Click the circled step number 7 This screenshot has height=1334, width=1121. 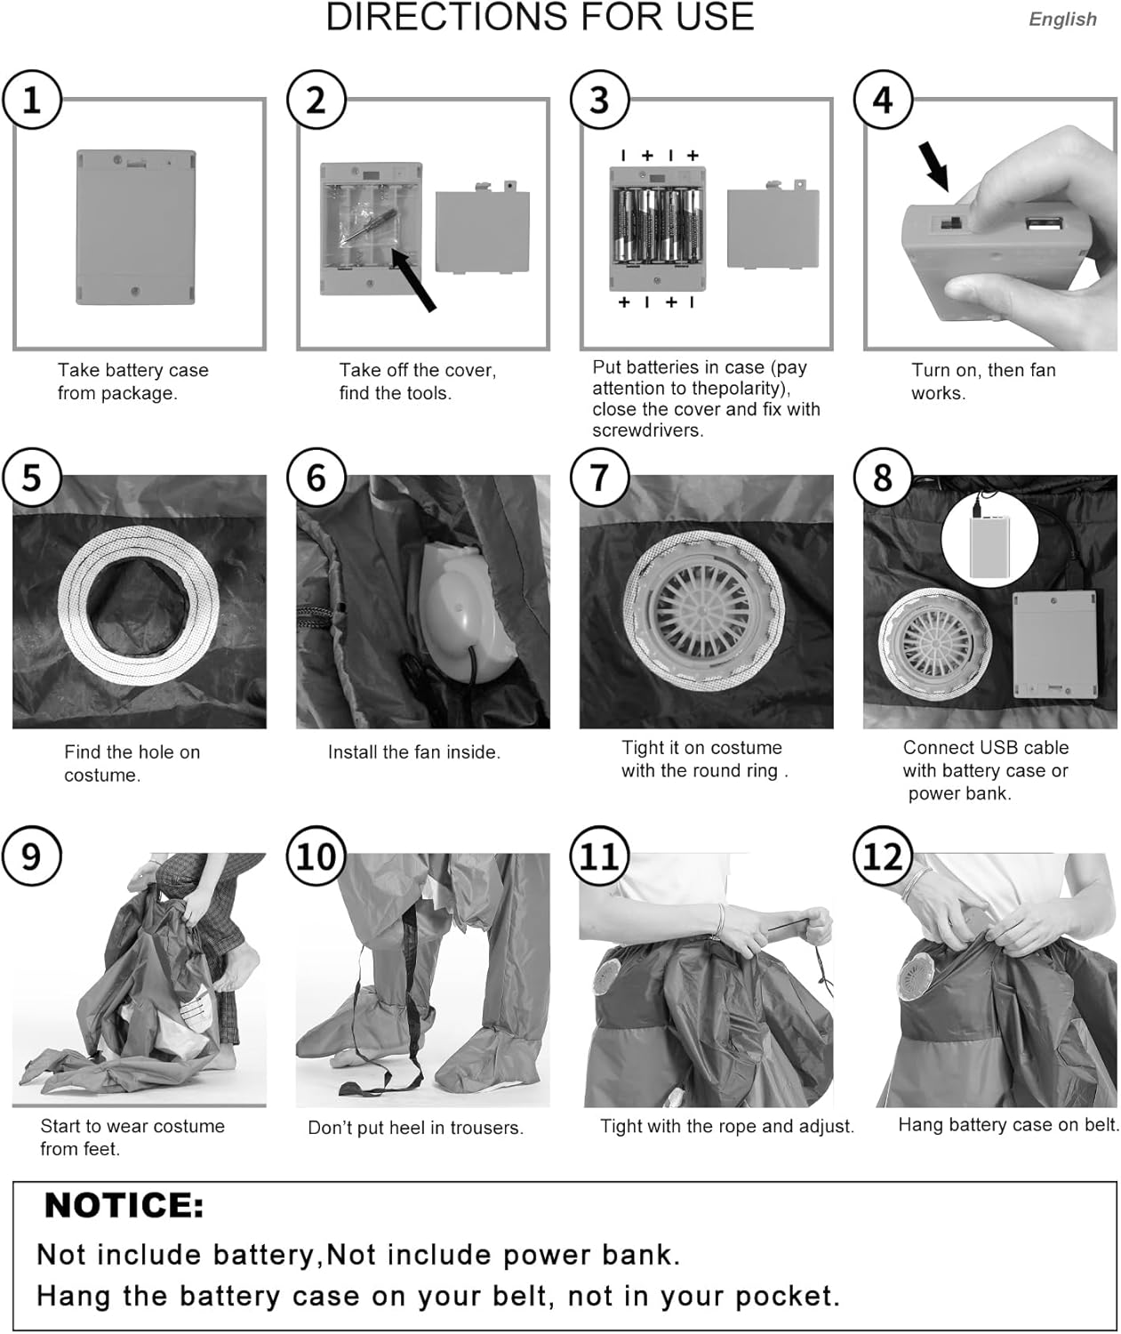[x=598, y=478]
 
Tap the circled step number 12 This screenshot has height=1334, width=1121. [x=883, y=856]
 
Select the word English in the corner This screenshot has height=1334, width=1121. [x=1062, y=20]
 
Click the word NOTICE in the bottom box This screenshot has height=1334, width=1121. [x=124, y=1206]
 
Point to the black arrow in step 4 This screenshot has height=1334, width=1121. [x=934, y=166]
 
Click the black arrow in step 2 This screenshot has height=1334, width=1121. [x=413, y=280]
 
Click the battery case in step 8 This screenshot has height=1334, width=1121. [x=1054, y=645]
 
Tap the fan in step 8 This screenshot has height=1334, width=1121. [x=935, y=643]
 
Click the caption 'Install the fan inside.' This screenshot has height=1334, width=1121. [x=414, y=752]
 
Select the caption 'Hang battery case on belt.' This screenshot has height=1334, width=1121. [x=1009, y=1124]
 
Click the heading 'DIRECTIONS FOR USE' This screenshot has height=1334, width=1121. [x=540, y=17]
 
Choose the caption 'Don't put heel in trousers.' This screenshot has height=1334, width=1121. [x=415, y=1128]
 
